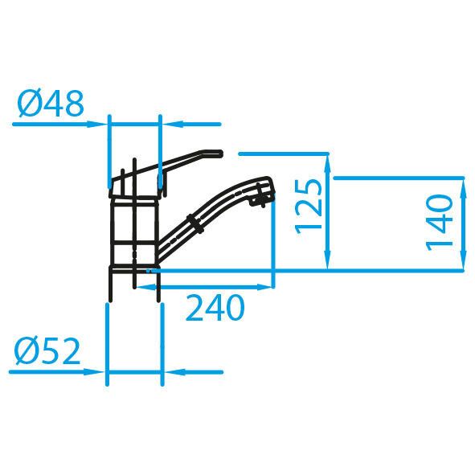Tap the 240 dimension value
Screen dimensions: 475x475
pos(214,309)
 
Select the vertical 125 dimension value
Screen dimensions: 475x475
pos(310,206)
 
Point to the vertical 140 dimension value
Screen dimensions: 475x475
pos(440,220)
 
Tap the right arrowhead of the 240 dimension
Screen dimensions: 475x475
pos(268,285)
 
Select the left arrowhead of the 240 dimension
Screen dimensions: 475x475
pos(151,285)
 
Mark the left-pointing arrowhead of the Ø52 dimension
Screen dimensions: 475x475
pos(170,372)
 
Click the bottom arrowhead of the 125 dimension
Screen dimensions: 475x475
pos(328,264)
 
